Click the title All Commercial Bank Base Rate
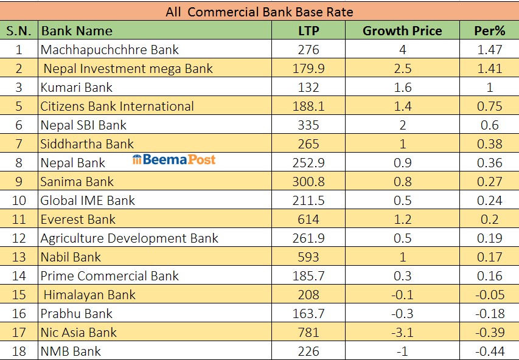259,12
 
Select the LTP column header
308,30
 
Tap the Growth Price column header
402,30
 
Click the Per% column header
490,30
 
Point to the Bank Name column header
77,30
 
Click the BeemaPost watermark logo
174,160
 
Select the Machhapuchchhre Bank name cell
110,49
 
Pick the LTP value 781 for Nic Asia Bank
308,333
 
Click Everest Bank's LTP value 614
308,220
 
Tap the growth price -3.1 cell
402,333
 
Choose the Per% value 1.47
490,49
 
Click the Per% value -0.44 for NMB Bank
490,351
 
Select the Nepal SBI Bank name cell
83,125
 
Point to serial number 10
19,201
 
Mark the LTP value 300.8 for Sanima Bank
308,182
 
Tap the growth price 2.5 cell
402,68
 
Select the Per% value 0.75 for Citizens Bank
490,106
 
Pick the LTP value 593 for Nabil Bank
308,257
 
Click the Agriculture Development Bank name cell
129,238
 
